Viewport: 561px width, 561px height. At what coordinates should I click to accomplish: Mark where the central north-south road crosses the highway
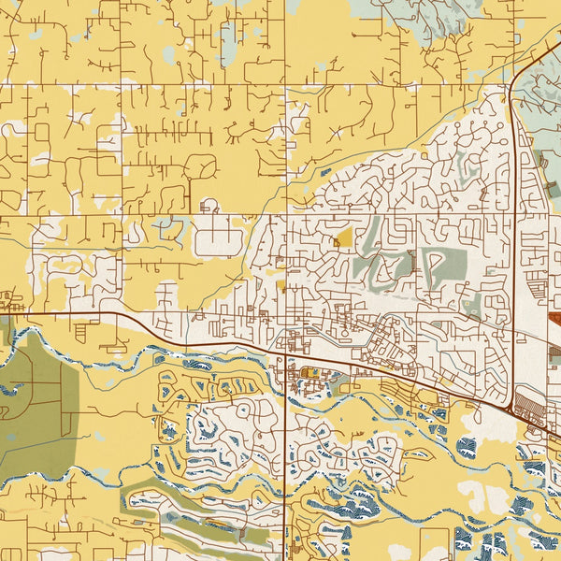pos(283,352)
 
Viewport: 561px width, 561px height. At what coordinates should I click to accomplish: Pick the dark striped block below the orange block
pos(554,352)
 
